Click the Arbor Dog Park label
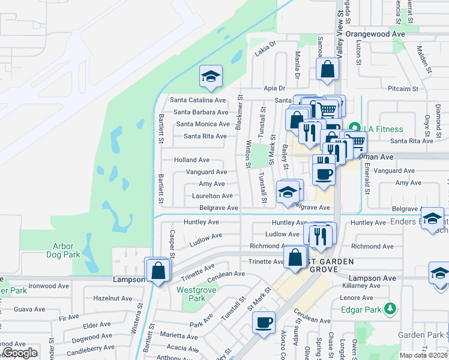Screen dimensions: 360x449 pyautogui.click(x=63, y=250)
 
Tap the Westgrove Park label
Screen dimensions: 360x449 pyautogui.click(x=192, y=294)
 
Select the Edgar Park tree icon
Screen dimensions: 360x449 pyautogui.click(x=391, y=309)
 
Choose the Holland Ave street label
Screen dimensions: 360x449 pyautogui.click(x=191, y=160)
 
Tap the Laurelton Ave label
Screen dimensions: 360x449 pyautogui.click(x=212, y=196)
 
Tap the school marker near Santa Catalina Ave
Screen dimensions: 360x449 pyautogui.click(x=211, y=77)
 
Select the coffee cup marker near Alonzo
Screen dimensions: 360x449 pyautogui.click(x=264, y=323)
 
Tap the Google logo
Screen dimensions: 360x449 pyautogui.click(x=20, y=353)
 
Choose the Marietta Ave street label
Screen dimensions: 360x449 pyautogui.click(x=179, y=336)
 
